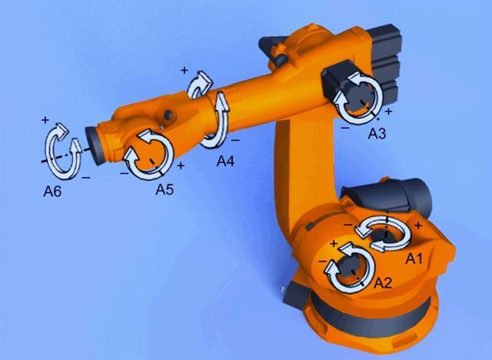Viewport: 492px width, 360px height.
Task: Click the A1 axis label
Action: coord(414,258)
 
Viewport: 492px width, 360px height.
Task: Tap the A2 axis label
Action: coord(383,283)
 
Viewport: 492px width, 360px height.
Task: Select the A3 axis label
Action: coord(377,134)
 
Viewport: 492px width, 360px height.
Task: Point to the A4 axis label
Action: coord(225,162)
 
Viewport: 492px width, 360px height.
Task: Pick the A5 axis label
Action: coord(165,189)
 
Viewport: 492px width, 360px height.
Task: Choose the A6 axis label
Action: coord(52,191)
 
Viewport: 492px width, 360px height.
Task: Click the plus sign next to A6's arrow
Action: coord(45,119)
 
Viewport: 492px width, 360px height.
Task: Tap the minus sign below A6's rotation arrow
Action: coord(86,178)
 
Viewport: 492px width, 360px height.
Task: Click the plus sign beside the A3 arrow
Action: coord(388,111)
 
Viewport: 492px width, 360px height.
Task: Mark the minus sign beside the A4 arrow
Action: coord(235,140)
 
